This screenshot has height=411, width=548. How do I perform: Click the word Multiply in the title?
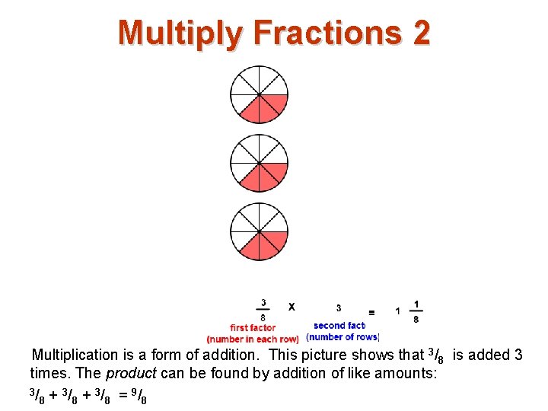tap(180, 33)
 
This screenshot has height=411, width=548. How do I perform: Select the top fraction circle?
tap(259, 94)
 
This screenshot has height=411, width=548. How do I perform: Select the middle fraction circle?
tap(259, 163)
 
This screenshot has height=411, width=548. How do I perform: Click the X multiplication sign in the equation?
tap(291, 307)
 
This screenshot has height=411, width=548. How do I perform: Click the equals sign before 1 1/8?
tap(371, 312)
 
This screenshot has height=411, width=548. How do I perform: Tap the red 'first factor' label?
tap(253, 328)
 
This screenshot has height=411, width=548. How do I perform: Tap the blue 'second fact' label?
tap(339, 326)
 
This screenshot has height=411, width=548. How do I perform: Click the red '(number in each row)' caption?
tap(253, 339)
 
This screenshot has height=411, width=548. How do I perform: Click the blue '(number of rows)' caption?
tap(342, 336)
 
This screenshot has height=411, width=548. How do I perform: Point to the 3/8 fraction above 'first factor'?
tap(263, 309)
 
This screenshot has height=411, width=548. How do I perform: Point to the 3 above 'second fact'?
tap(338, 307)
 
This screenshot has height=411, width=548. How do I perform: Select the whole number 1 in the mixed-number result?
tap(397, 311)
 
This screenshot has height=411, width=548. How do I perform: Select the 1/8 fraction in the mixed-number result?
tap(416, 311)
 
